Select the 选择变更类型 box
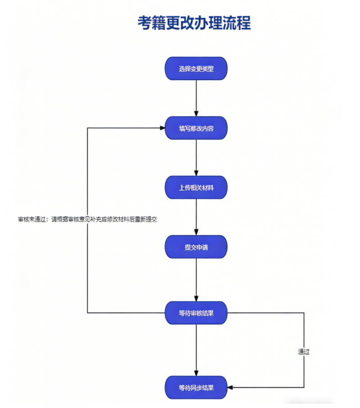196,69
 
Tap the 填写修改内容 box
196,128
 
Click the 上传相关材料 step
196,188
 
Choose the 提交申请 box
196,247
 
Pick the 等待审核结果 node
196,313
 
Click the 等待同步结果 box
196,387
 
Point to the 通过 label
304,352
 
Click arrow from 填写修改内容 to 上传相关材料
196,157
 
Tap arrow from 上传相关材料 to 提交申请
196,217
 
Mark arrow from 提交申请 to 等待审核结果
196,279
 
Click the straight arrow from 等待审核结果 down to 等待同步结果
196,349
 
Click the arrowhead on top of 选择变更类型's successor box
196,113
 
